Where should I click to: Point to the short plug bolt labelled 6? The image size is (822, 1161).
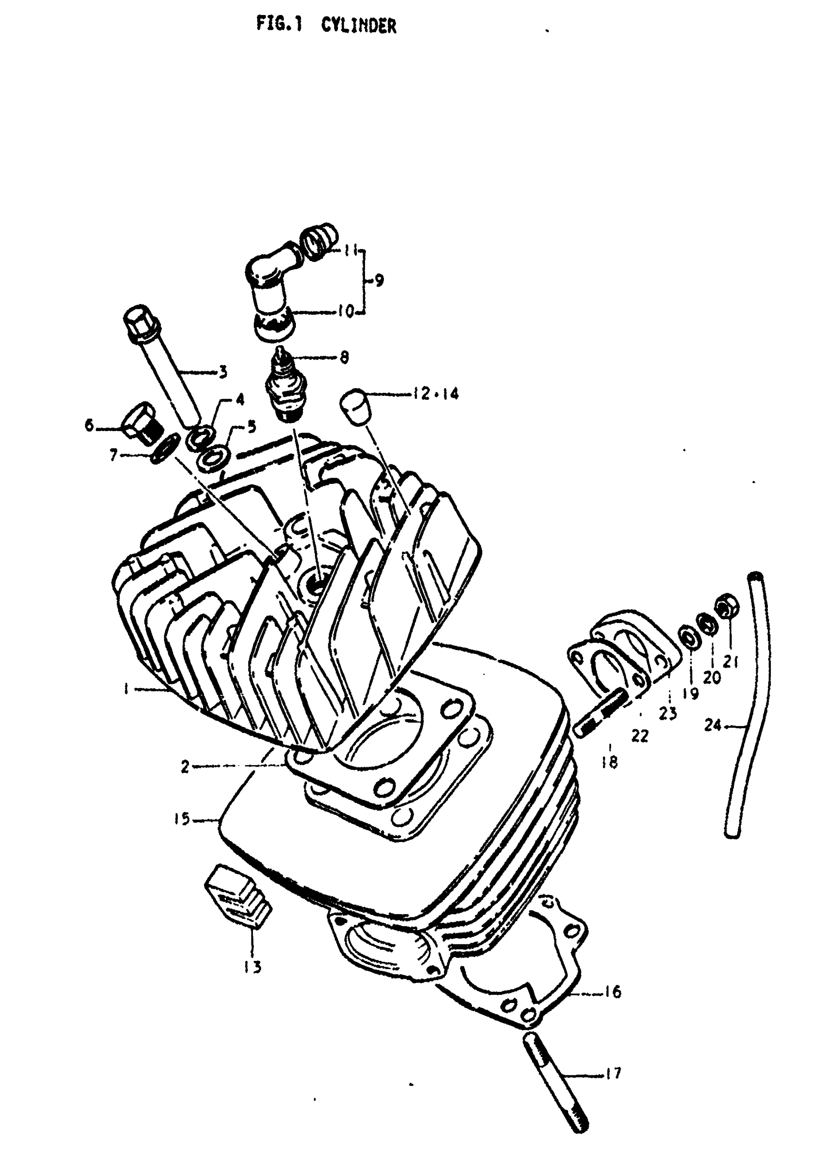coord(141,423)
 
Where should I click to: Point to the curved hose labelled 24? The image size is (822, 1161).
coord(744,708)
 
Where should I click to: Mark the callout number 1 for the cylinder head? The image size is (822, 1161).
coord(125,688)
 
